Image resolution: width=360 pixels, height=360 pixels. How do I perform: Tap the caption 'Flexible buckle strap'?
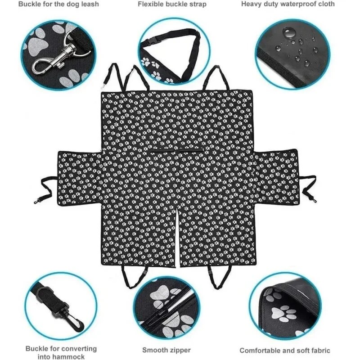pos(172,4)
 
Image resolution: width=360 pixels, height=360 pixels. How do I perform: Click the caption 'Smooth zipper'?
pos(166,350)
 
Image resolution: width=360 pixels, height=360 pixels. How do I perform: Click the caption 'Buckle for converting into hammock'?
pos(61,352)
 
